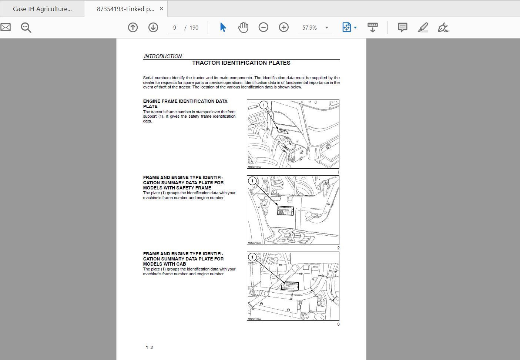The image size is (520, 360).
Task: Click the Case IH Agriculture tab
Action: click(42, 9)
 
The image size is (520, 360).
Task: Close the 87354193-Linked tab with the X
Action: click(161, 9)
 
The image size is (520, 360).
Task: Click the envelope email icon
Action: click(6, 27)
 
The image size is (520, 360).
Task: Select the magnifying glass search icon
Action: click(26, 27)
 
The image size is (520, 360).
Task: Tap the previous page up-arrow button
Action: click(133, 27)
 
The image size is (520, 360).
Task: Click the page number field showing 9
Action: click(175, 28)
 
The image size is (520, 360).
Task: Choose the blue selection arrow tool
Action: click(223, 27)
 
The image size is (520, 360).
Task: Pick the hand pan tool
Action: click(243, 27)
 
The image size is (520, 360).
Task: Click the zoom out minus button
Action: click(264, 27)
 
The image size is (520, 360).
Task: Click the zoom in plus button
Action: click(284, 27)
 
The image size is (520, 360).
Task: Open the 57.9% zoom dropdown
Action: click(326, 28)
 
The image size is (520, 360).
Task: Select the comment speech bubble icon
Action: click(402, 27)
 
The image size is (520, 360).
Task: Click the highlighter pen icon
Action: click(423, 27)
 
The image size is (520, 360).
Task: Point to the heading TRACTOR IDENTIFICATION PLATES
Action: click(241, 63)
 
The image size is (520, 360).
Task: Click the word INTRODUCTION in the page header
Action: click(163, 56)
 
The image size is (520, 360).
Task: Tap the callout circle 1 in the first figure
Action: click(264, 105)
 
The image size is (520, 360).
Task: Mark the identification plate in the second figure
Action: click(285, 211)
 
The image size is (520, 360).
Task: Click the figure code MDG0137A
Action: click(254, 319)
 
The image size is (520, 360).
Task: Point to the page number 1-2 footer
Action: click(149, 347)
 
